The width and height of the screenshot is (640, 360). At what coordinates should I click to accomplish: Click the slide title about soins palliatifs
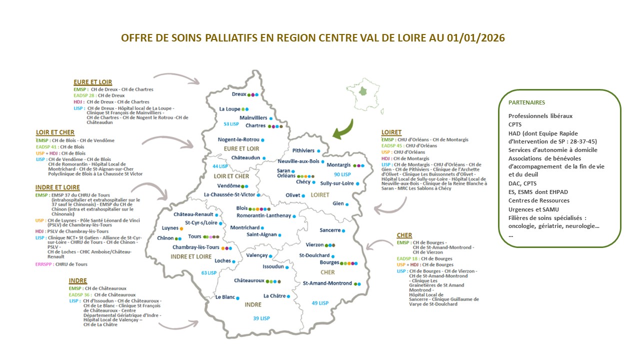pos(313,38)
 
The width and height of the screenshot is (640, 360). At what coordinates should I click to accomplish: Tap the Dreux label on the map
pos(239,94)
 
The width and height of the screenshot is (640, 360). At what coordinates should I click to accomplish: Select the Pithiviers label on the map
pos(303,150)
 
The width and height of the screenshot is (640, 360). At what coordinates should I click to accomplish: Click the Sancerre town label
pos(330,230)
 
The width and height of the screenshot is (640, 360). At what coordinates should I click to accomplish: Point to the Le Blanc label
pos(225,297)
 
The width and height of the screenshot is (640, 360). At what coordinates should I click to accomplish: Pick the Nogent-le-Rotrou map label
pos(238,139)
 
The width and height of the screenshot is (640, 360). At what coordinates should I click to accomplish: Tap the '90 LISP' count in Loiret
pos(342,174)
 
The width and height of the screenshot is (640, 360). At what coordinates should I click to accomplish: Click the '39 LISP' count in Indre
pos(261,318)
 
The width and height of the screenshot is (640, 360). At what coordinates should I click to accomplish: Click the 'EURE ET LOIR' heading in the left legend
pos(92,82)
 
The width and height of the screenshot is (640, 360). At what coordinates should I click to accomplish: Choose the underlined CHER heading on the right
pos(404,235)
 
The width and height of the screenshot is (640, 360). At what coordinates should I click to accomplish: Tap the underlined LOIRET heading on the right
pos(391,132)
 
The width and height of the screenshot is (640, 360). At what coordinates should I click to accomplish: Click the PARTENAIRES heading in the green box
pos(526,102)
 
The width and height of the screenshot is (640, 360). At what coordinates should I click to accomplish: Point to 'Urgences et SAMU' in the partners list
pos(533,209)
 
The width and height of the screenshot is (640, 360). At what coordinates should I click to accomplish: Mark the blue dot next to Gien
pos(346,204)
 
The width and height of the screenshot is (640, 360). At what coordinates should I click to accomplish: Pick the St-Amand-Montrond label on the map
pos(327,283)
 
